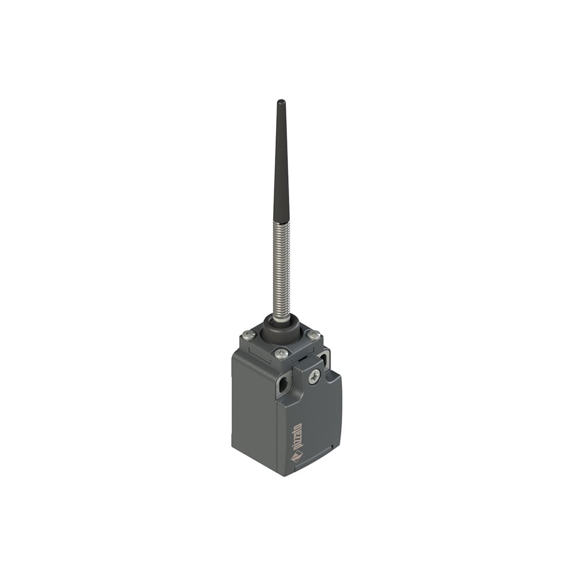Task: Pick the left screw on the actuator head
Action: (248, 334)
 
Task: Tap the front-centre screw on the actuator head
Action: (281, 353)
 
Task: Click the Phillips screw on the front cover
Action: (313, 377)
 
